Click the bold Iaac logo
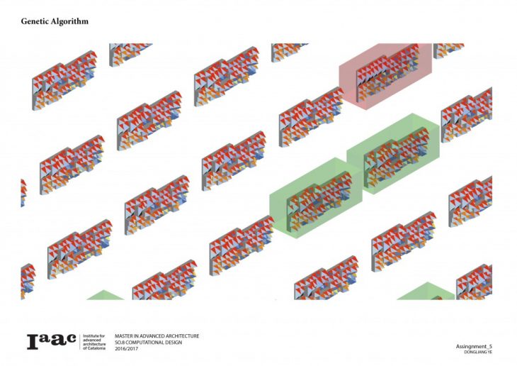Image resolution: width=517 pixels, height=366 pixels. coord(51,341)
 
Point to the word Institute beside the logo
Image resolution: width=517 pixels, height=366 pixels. coord(93,335)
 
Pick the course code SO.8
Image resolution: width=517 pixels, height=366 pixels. coord(121,342)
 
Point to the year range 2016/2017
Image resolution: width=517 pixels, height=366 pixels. coord(130,348)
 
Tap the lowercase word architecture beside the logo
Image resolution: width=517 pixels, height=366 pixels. coord(95,344)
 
